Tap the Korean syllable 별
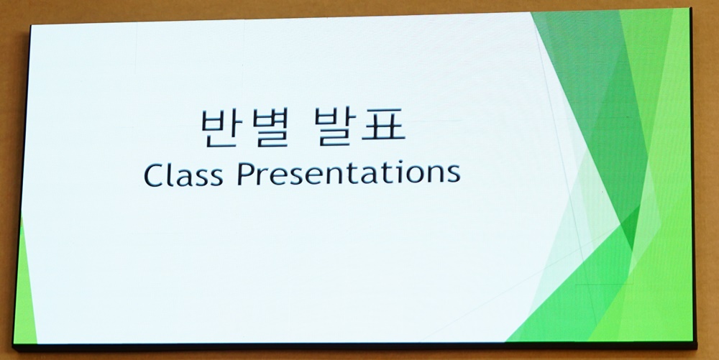pos(270,128)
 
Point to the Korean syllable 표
pos(384,127)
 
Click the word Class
pos(183,174)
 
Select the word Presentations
pos(349,173)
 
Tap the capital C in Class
pos(154,175)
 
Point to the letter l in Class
pos(172,174)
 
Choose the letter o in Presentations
pos(419,175)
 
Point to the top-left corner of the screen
pos(31,26)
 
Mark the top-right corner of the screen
pos(690,8)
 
